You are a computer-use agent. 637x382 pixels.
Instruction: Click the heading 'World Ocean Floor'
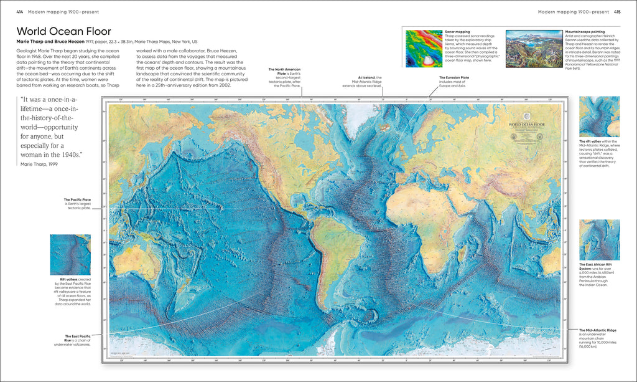(x=63, y=31)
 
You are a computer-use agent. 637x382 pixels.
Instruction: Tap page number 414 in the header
(x=19, y=11)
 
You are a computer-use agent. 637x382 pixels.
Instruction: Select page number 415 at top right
(x=616, y=11)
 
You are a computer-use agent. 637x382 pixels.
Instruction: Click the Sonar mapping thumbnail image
(x=423, y=48)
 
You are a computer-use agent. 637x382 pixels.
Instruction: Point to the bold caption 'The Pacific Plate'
(x=78, y=199)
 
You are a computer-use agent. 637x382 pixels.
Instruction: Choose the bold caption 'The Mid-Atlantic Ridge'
(x=598, y=330)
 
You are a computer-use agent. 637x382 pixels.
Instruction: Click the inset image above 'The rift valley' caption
(x=599, y=117)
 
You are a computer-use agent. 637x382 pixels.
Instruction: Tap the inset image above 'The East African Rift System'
(x=599, y=240)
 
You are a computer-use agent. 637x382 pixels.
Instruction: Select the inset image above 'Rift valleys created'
(x=70, y=255)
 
